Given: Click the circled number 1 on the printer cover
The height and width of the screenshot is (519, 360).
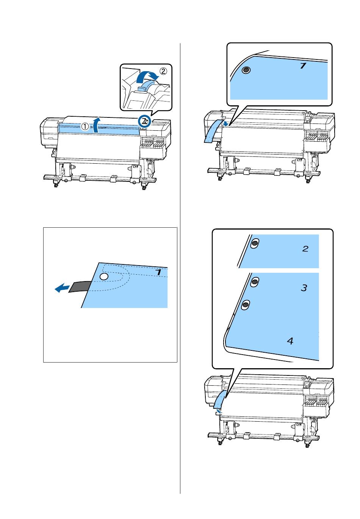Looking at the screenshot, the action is [x=85, y=126].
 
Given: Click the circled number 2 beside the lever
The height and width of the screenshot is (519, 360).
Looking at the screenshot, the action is [x=163, y=71].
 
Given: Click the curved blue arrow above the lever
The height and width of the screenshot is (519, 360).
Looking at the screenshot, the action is [x=147, y=77].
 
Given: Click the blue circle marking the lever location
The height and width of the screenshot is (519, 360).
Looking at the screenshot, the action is [x=144, y=121].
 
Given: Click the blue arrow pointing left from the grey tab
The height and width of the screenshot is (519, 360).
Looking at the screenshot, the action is [x=62, y=289].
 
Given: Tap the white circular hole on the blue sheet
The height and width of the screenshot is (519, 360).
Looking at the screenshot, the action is [x=103, y=276].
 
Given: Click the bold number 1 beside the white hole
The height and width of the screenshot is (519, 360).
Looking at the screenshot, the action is [x=158, y=272].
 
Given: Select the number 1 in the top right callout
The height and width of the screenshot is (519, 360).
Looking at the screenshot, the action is [x=303, y=66].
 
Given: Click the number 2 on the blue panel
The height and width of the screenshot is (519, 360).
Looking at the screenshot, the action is [x=305, y=249].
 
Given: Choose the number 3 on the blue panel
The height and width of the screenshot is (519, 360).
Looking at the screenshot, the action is [x=304, y=288].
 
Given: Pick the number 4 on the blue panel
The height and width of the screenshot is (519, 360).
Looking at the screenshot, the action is [x=290, y=341].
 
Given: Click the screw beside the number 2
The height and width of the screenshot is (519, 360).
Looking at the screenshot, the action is [x=255, y=243].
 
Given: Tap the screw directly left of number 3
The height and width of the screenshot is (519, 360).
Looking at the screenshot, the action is [x=255, y=282].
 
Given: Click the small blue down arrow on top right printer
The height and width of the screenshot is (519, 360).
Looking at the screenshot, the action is [x=224, y=124].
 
